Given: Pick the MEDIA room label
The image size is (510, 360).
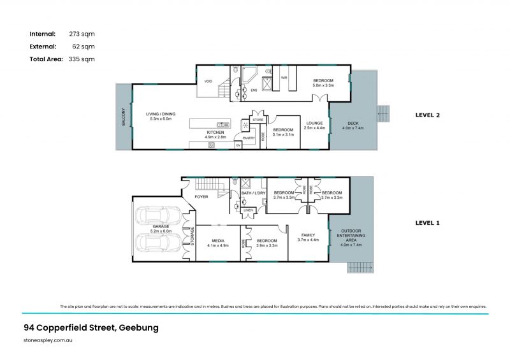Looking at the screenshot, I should click(218, 240).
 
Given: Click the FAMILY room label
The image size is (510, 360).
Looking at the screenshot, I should click(308, 235).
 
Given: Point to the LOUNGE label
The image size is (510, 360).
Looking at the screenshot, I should click(314, 123).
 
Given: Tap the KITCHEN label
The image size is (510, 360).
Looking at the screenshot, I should click(215, 132).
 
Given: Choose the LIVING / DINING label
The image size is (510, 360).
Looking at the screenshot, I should click(162, 114).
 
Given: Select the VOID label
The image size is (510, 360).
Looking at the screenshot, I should click(208, 81).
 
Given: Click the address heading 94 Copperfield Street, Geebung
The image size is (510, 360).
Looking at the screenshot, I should click(90, 328).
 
